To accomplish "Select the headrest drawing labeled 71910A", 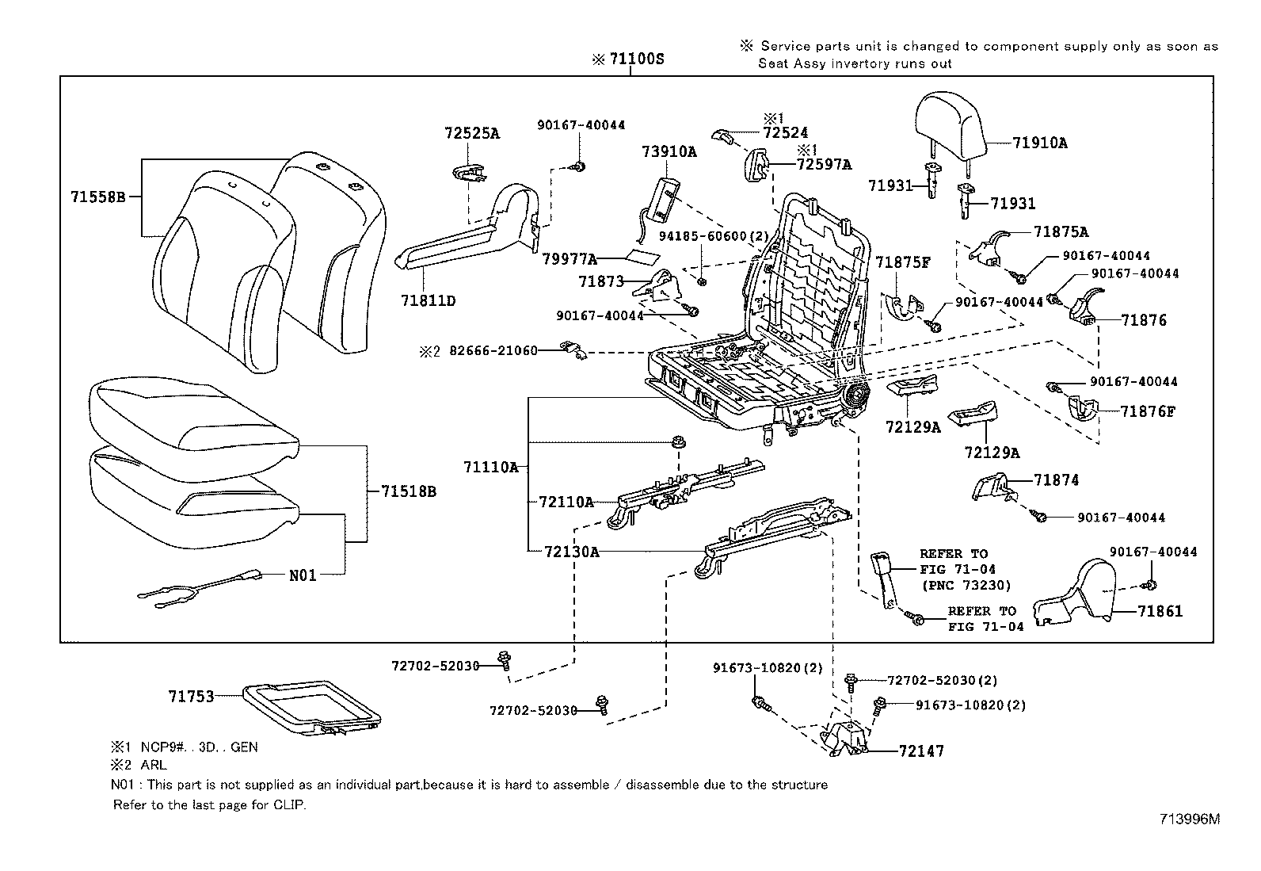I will [x=950, y=126].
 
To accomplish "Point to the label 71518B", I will [x=408, y=491].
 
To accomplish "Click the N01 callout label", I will [x=303, y=575].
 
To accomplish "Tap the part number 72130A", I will [x=571, y=552].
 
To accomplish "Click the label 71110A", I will [x=490, y=468].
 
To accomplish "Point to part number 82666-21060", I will [x=493, y=350].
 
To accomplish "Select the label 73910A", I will [x=669, y=152].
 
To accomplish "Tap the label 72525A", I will [x=471, y=134].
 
